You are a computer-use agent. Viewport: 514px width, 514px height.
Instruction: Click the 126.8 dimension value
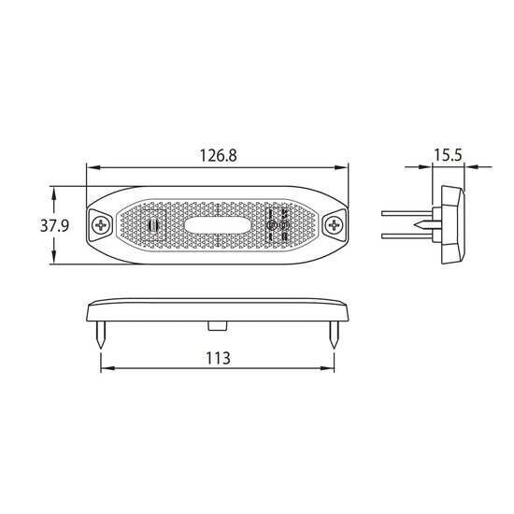(218, 155)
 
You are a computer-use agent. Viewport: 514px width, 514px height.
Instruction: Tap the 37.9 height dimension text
(54, 225)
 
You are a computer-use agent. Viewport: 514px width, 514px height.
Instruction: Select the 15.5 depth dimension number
(448, 155)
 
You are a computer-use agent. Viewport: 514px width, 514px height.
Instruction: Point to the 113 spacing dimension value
(218, 358)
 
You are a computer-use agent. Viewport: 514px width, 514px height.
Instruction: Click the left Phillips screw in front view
(99, 225)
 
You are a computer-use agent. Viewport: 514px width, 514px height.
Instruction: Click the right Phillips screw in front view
(335, 225)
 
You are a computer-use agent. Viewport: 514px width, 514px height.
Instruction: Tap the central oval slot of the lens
(218, 225)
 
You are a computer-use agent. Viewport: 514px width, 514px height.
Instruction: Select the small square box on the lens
(153, 225)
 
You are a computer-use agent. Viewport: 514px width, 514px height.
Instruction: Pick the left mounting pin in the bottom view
(101, 335)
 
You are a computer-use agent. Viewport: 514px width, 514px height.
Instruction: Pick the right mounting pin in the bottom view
(334, 335)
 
